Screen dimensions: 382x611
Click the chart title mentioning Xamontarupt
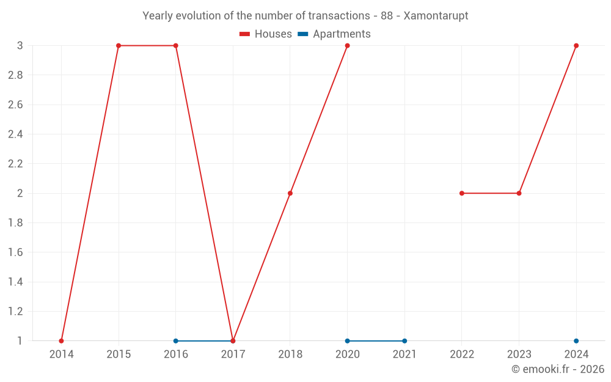point(305,16)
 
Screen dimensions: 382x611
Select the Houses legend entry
point(266,34)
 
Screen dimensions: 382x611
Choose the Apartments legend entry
point(334,34)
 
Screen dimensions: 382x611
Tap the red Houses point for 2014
point(61,341)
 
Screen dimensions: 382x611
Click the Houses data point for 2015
point(119,46)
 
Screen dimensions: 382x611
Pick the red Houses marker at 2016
point(176,46)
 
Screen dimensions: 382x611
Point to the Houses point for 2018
point(290,193)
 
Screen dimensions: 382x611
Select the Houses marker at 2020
point(347,46)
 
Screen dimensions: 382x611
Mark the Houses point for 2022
point(462,193)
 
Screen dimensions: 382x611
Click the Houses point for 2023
point(519,193)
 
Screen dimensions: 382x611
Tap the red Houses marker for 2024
point(576,46)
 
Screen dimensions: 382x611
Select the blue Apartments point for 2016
point(176,341)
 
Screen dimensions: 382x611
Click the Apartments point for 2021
point(404,341)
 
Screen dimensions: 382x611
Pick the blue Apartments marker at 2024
point(576,341)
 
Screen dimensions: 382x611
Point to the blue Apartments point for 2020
point(347,341)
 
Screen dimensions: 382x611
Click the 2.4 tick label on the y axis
point(15,134)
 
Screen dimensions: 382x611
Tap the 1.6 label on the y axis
point(15,252)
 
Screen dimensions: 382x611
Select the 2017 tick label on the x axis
point(233,354)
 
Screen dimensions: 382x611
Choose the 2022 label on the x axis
point(462,354)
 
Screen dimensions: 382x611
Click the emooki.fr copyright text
point(558,369)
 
